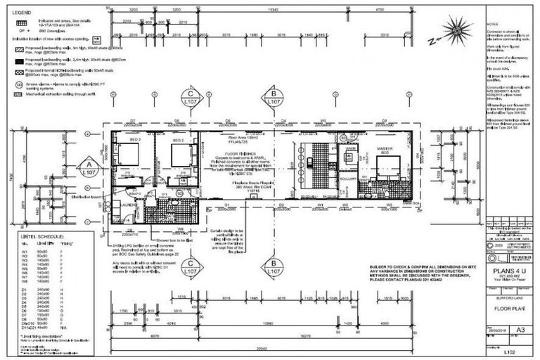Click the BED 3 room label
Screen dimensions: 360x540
point(136,141)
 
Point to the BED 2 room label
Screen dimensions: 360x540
point(179,141)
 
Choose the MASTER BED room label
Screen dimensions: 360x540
point(384,150)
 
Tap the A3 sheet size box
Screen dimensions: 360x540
point(520,329)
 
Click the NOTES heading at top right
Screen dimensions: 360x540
point(493,25)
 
